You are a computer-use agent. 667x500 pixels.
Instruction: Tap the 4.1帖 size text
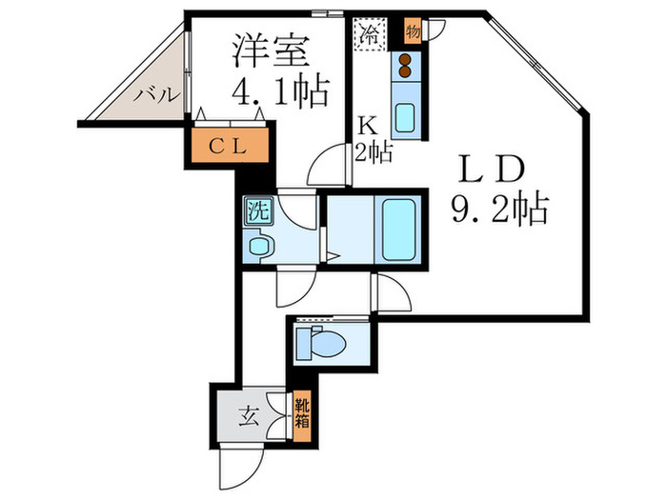tap(281, 93)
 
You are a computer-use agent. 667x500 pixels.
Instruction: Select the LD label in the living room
tap(494, 170)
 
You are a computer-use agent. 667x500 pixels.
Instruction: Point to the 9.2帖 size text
tap(499, 207)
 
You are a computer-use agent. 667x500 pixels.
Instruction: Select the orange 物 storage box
tap(413, 30)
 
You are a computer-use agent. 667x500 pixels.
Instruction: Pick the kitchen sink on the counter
tap(406, 117)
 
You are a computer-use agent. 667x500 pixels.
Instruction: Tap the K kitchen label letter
tap(366, 124)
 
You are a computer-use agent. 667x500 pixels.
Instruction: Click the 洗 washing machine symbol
tap(256, 210)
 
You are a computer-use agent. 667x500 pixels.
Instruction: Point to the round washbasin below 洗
tap(258, 246)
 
